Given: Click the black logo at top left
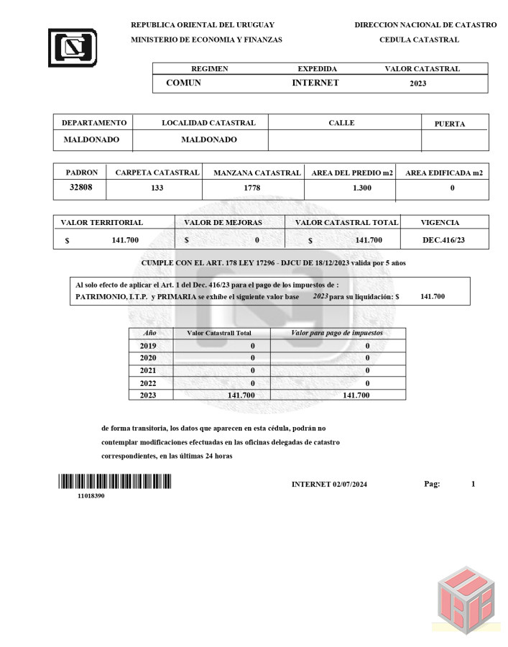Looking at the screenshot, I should pyautogui.click(x=73, y=47).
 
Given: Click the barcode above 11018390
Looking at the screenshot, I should pyautogui.click(x=115, y=482).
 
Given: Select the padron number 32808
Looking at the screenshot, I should pyautogui.click(x=80, y=188).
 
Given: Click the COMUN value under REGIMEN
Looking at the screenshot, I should pyautogui.click(x=183, y=83).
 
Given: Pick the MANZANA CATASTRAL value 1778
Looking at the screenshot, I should pyautogui.click(x=252, y=188).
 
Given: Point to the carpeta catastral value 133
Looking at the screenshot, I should pyautogui.click(x=157, y=188).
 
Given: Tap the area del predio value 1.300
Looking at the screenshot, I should pyautogui.click(x=363, y=188).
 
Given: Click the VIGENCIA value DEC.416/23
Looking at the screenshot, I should pyautogui.click(x=443, y=240).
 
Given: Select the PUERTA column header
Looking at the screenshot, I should pyautogui.click(x=450, y=124).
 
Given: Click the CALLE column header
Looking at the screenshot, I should pyautogui.click(x=341, y=123).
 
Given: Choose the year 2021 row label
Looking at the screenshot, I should pyautogui.click(x=147, y=370).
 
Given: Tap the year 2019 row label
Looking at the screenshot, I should pyautogui.click(x=147, y=346).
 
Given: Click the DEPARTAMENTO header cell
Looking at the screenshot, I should pyautogui.click(x=94, y=123).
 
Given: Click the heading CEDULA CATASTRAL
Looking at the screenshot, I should pyautogui.click(x=419, y=40).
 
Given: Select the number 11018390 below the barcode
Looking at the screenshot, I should pyautogui.click(x=91, y=496).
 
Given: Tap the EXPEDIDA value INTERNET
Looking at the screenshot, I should pyautogui.click(x=315, y=83).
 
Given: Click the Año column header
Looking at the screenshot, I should pyautogui.click(x=149, y=334).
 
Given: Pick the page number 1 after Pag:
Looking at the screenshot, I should pyautogui.click(x=473, y=485).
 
